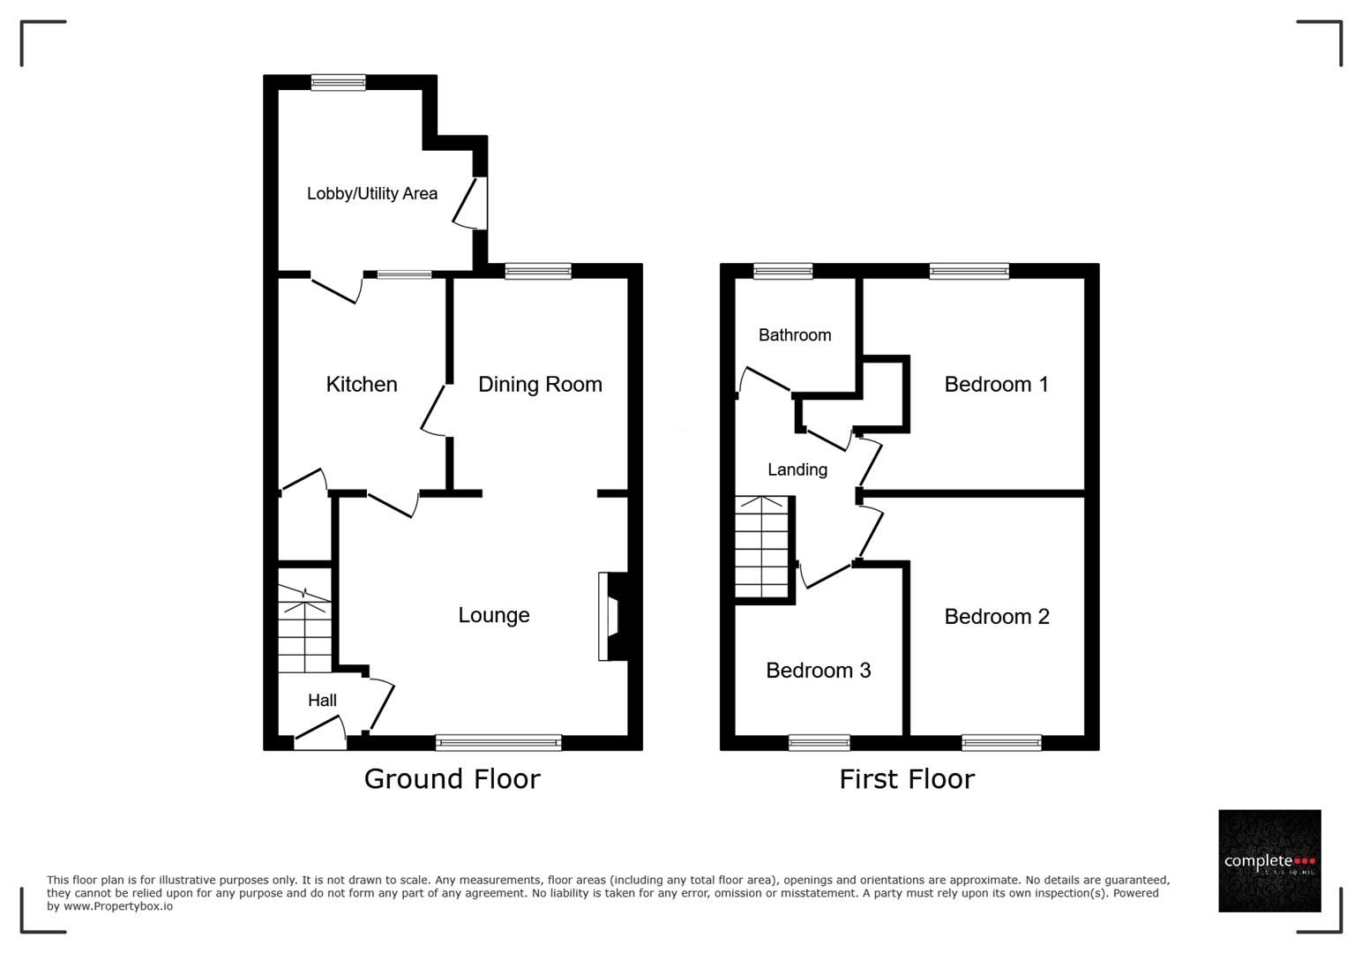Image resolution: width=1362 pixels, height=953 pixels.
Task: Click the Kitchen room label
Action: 362,384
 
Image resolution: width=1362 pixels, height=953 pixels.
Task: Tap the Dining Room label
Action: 540,384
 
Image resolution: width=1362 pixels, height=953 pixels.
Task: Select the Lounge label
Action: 493,615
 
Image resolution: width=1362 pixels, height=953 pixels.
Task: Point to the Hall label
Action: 322,700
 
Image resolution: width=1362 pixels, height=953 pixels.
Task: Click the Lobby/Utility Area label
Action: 371,193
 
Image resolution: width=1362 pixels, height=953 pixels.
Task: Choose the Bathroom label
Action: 794,334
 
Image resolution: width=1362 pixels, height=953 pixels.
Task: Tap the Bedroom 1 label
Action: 996,384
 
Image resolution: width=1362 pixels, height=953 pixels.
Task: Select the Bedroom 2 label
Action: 996,616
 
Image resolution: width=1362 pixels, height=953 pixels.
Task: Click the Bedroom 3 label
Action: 818,670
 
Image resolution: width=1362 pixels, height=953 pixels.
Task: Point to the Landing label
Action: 797,469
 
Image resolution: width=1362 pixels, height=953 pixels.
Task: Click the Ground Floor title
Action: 452,778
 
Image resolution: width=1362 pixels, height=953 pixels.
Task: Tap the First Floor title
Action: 907,778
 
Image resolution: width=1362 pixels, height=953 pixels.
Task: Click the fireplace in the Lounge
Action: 611,617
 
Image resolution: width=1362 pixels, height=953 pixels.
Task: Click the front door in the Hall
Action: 319,734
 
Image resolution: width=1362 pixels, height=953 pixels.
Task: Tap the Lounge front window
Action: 498,742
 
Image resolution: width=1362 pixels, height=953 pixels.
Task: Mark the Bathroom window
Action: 782,271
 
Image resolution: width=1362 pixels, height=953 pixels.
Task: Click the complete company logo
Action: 1269,860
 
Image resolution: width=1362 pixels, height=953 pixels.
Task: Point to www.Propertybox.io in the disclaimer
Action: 117,906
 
